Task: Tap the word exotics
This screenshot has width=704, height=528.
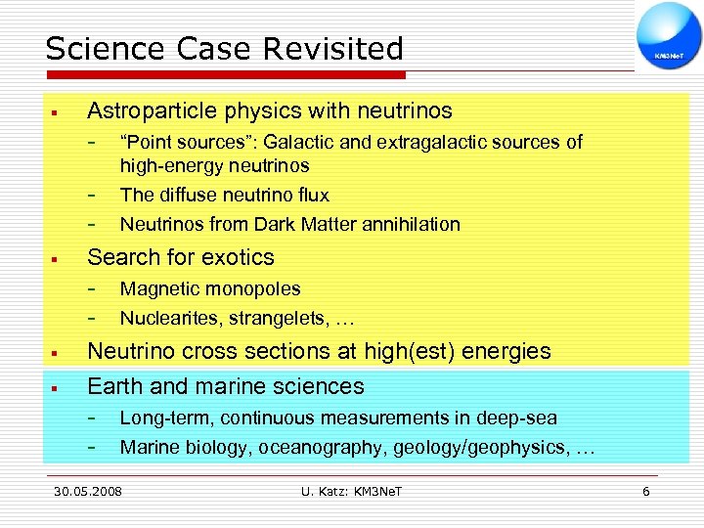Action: point(239,257)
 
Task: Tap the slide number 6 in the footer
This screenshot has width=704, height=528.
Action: point(645,491)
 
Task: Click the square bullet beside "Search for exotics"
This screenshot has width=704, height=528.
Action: point(57,259)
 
